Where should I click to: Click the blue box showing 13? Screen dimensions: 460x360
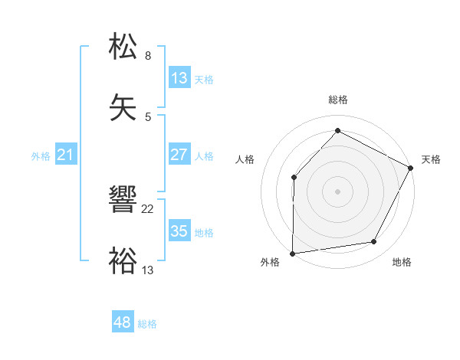(x=179, y=78)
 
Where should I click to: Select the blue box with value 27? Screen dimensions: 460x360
(x=179, y=155)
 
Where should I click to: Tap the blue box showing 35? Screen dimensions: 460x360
(x=179, y=231)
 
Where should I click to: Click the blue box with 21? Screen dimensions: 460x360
(x=66, y=155)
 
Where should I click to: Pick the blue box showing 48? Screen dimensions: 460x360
(x=123, y=322)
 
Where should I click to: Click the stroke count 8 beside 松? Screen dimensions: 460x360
(x=148, y=56)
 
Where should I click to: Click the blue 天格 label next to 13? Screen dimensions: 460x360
(x=204, y=79)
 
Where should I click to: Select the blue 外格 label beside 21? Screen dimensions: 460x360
(x=41, y=156)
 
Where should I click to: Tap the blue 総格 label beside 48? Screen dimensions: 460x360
(x=147, y=324)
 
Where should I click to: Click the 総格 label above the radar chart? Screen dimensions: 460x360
(x=338, y=100)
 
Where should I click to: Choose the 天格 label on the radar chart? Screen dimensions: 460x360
(x=432, y=159)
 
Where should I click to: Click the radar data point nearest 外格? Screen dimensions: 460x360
(x=293, y=253)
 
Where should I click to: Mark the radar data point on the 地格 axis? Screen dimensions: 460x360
(x=374, y=242)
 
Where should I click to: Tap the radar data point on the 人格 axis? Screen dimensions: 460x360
(x=294, y=178)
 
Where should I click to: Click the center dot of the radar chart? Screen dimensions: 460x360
(x=338, y=191)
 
